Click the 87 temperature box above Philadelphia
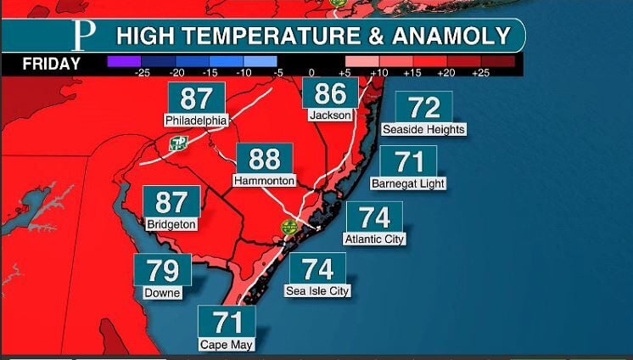click(x=196, y=98)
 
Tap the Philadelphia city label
click(x=196, y=121)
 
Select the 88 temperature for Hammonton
click(x=264, y=159)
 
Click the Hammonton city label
click(x=264, y=181)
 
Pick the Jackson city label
click(x=330, y=115)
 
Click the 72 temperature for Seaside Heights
click(x=423, y=107)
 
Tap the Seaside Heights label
click(x=423, y=129)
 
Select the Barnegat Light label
click(x=408, y=183)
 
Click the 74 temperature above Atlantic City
click(x=374, y=217)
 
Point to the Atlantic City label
click(x=374, y=239)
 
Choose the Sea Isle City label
click(x=317, y=291)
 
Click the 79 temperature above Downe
click(x=162, y=270)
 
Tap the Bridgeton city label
click(x=171, y=225)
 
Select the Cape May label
click(x=226, y=345)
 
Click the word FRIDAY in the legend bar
click(x=51, y=65)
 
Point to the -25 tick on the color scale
click(x=143, y=74)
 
